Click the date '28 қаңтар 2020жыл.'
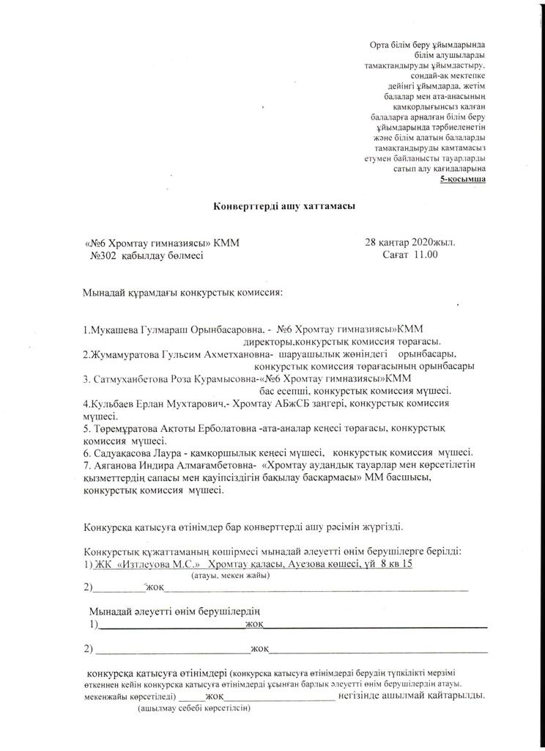pos(413,242)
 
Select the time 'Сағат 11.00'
pos(409,254)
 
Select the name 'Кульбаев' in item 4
pos(111,403)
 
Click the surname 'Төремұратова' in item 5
pos(127,428)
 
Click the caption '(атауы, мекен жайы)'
pos(231,576)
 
